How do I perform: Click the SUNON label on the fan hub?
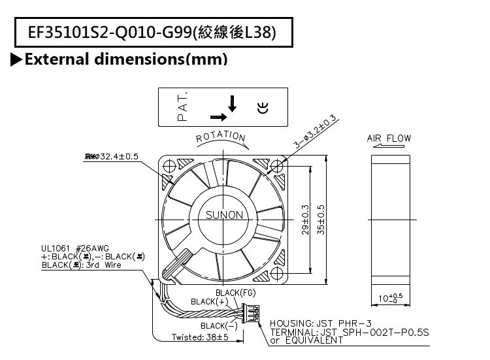(x=225, y=214)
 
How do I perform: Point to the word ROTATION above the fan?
(x=221, y=137)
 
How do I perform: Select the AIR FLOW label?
(x=389, y=139)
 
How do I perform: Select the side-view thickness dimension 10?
(x=388, y=300)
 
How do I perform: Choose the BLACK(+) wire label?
(x=206, y=301)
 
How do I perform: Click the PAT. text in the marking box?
(x=182, y=106)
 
